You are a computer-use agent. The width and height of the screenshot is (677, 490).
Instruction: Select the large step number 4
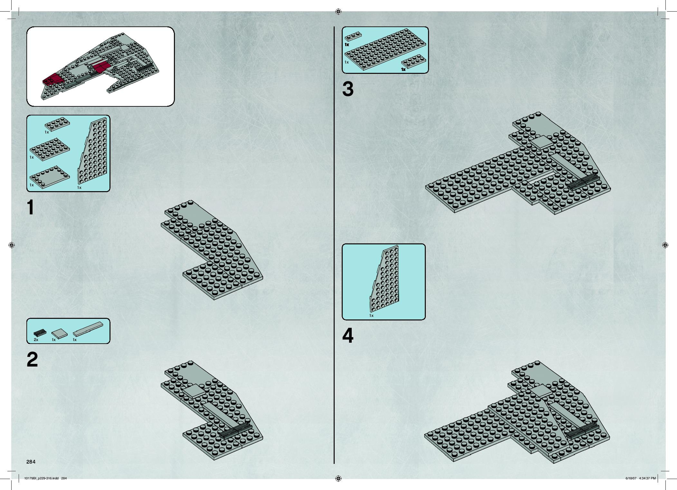coord(348,336)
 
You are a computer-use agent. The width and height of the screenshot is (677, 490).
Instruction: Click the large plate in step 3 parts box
coord(385,49)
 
